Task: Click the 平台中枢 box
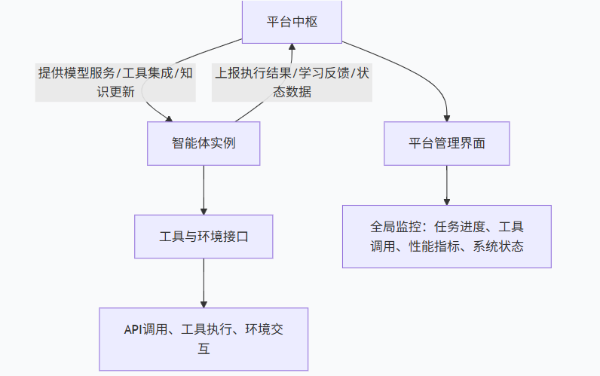point(292,21)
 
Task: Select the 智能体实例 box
point(204,143)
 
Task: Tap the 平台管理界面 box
point(447,143)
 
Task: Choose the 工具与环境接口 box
point(204,237)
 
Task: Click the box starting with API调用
point(204,339)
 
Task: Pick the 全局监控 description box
point(447,236)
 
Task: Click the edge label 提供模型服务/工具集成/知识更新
point(115,82)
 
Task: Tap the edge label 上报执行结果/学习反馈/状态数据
point(292,82)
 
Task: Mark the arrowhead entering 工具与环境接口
point(204,210)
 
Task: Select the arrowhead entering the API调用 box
point(204,303)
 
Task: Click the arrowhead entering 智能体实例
point(169,118)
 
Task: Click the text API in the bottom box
point(133,330)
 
